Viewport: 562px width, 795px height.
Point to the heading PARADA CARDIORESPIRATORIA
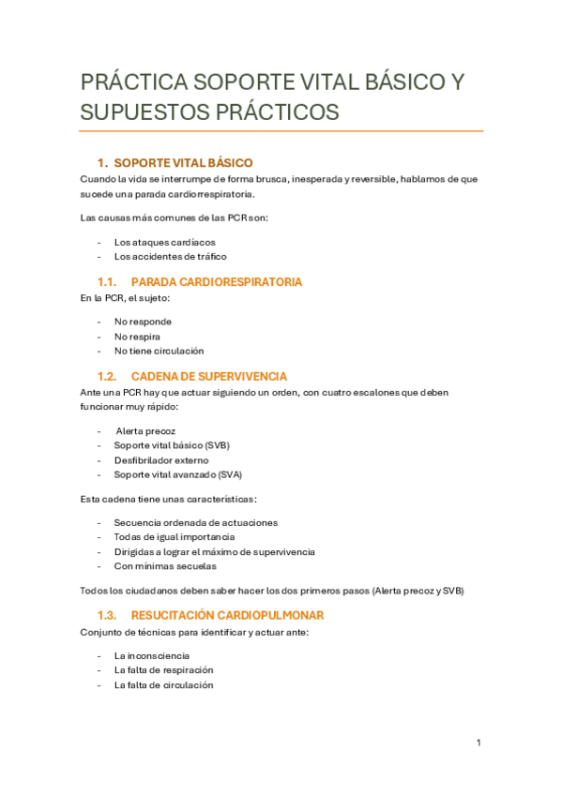pos(217,281)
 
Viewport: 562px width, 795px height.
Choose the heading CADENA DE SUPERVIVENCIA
pos(209,376)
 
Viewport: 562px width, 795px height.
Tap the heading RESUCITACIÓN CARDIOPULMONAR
pos(228,615)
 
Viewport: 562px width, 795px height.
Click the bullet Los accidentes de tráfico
pos(170,256)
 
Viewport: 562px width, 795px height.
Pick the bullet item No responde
pos(143,321)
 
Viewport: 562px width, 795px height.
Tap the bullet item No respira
pos(137,336)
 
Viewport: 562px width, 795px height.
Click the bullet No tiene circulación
pos(159,351)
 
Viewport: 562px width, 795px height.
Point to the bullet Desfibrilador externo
pos(161,460)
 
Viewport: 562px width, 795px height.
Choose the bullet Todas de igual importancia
pos(174,536)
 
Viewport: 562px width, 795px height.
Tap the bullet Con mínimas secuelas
pos(165,566)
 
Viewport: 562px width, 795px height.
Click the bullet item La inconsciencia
pos(152,655)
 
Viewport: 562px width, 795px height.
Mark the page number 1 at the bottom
pos(478,743)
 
